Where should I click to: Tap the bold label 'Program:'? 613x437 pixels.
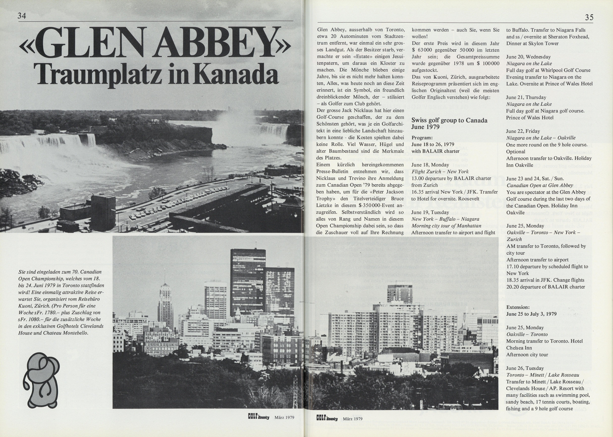(422, 138)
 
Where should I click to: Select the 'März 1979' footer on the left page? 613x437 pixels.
(284, 418)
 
